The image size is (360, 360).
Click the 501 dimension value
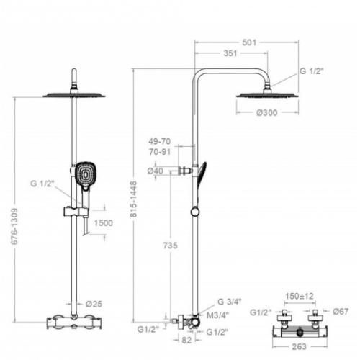pyautogui.click(x=249, y=42)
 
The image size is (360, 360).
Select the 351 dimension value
pyautogui.click(x=230, y=53)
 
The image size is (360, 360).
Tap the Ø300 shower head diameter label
pyautogui.click(x=267, y=112)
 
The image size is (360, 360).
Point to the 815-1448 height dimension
pyautogui.click(x=133, y=199)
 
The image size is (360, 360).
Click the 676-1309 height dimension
pyautogui.click(x=14, y=226)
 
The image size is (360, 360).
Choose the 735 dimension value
pyautogui.click(x=170, y=246)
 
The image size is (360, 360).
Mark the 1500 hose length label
pyautogui.click(x=103, y=223)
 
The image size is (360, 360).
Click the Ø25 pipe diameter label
pyautogui.click(x=94, y=304)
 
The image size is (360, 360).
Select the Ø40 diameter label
pyautogui.click(x=155, y=171)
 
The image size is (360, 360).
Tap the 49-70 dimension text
pyautogui.click(x=159, y=141)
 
